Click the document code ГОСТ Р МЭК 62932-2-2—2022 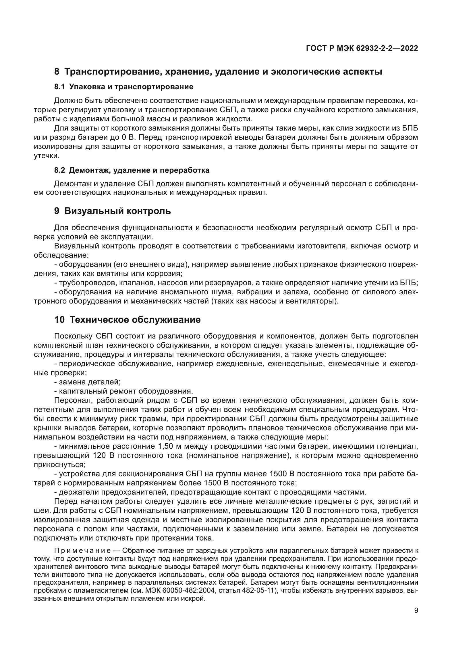(x=362, y=48)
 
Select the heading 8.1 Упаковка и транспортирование (x=124, y=87)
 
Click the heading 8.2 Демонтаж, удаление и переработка (x=132, y=170)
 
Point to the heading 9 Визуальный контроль (x=113, y=211)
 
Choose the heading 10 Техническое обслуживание (x=128, y=320)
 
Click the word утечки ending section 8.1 (x=46, y=156)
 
